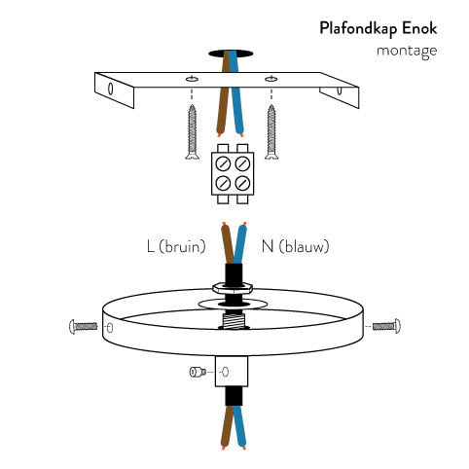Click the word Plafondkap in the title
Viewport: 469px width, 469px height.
click(358, 29)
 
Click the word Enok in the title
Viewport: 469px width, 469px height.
click(420, 28)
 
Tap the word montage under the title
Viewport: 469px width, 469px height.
click(407, 52)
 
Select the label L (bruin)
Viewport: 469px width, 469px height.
click(176, 246)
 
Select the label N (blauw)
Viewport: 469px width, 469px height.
click(295, 246)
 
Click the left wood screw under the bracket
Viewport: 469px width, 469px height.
click(193, 132)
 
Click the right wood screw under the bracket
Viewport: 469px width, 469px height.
click(271, 132)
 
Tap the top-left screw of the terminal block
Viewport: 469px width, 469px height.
click(223, 163)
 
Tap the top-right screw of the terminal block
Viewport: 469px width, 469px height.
click(242, 163)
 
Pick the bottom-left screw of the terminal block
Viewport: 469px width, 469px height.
click(223, 183)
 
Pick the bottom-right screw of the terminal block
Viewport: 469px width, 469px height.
click(242, 183)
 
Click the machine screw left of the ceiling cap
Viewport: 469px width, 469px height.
click(83, 326)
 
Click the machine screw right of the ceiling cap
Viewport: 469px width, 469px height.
click(386, 326)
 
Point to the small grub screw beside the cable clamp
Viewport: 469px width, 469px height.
click(198, 372)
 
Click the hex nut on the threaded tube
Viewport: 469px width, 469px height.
click(233, 287)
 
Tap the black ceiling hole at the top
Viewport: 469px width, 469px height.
click(231, 54)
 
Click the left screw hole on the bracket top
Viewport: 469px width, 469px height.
click(192, 79)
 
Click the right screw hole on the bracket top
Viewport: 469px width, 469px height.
click(271, 79)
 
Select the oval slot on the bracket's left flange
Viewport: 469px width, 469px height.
click(110, 89)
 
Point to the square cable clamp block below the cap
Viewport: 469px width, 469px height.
click(232, 372)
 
